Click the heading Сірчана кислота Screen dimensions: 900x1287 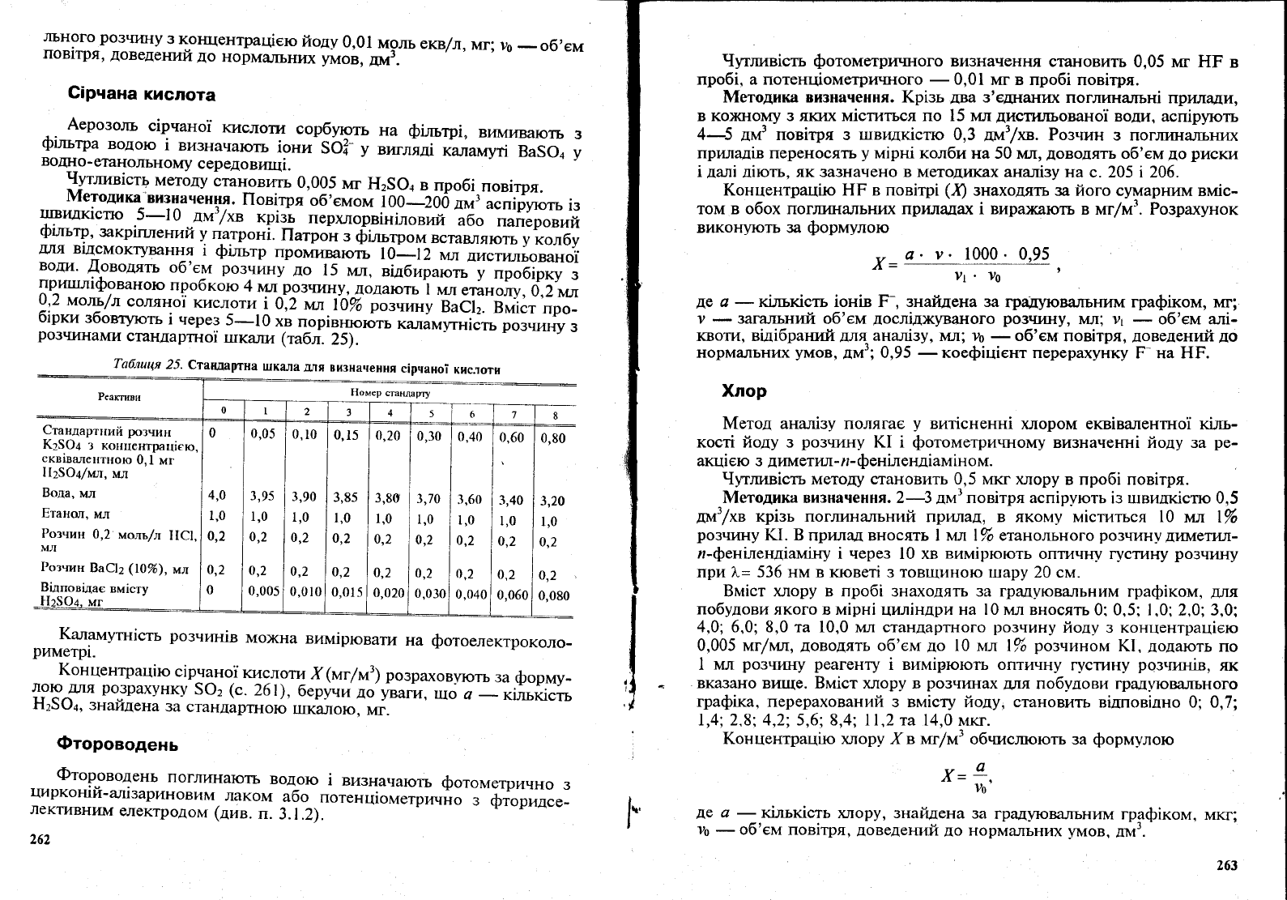pos(142,95)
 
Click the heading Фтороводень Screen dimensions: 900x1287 pos(117,744)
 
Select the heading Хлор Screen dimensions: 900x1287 pos(744,391)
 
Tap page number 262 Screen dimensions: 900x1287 pos(40,840)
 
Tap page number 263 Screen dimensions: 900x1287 pos(1227,865)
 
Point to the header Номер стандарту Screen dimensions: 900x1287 pos(390,393)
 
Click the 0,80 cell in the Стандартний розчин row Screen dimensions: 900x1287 pos(553,437)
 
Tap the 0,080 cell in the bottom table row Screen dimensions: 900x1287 pos(554,595)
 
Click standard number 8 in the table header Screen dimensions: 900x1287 pos(555,416)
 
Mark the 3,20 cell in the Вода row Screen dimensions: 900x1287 pos(553,501)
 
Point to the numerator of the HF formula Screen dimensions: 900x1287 pos(975,254)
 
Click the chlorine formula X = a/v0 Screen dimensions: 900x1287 pos(966,775)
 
